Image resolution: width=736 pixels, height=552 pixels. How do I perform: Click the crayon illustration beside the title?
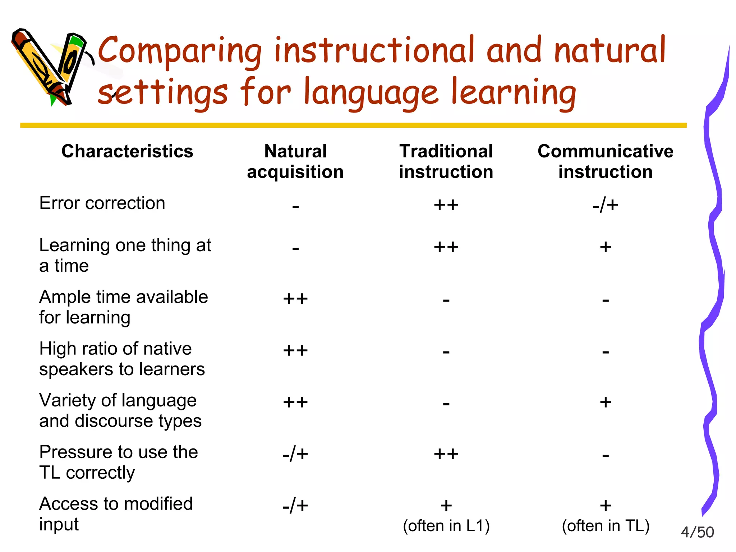pos(50,66)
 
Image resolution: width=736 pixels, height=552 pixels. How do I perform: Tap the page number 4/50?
pos(697,532)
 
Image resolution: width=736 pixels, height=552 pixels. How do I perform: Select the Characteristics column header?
pos(127,151)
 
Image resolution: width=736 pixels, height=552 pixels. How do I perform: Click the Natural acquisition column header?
pos(295,161)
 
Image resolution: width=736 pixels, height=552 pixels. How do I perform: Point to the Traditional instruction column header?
pos(446,161)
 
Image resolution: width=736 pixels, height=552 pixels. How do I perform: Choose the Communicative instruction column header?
pos(606,161)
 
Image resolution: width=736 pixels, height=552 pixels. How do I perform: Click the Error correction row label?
pos(102,203)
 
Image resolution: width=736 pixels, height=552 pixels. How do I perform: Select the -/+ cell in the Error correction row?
pos(606,205)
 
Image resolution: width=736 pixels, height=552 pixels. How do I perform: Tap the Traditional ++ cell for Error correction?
pos(446,205)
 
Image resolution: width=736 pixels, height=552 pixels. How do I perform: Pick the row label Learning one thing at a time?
pos(125,256)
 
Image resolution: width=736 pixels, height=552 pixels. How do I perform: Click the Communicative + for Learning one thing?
pos(606,247)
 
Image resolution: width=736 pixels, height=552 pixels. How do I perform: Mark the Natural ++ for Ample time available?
pos(295,299)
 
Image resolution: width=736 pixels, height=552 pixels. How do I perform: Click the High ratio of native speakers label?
pos(122,359)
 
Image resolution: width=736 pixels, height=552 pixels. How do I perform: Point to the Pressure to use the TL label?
pos(118,462)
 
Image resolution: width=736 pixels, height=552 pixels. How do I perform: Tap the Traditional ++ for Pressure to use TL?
pos(446,454)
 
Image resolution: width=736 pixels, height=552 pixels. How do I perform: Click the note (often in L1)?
pos(446,526)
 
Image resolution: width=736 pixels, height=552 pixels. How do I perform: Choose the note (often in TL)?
pos(606,526)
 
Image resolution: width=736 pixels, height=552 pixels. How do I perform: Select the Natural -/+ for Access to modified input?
pos(295,506)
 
